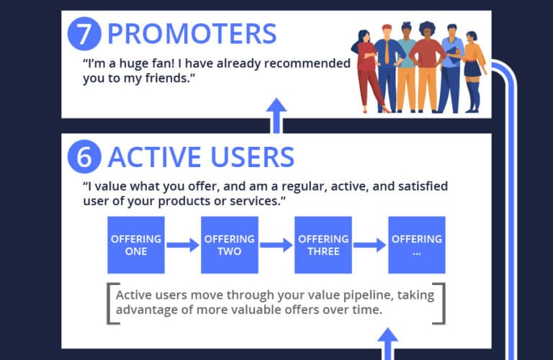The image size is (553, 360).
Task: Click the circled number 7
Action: tap(84, 34)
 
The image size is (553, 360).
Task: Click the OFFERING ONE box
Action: tap(136, 245)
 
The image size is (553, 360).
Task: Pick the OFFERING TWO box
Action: tap(230, 245)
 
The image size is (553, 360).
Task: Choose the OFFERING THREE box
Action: tap(323, 245)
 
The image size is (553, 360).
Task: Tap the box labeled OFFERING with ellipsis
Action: tap(417, 245)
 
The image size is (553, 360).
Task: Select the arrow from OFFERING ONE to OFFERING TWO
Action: tap(183, 245)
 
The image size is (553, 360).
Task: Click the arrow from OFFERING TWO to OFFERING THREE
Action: tap(276, 245)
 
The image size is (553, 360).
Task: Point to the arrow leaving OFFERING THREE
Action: tap(370, 245)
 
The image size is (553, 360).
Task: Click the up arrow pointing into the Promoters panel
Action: tap(276, 115)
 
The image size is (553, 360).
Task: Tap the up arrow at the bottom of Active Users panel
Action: tap(388, 342)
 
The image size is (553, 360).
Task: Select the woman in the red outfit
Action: tap(366, 68)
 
